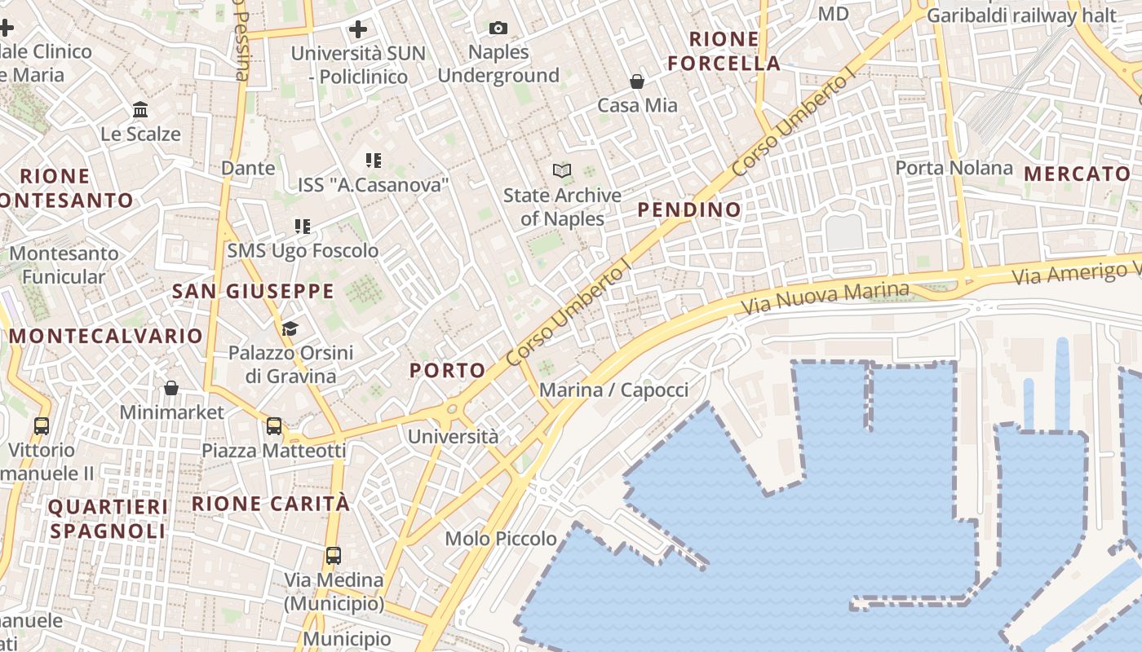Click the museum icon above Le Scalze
click(140, 109)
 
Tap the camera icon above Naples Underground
click(498, 29)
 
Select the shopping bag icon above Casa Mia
click(637, 81)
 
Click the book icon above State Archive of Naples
click(562, 170)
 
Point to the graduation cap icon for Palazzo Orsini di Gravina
click(290, 328)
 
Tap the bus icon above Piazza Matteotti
click(274, 426)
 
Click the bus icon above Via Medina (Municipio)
click(334, 556)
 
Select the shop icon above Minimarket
click(171, 388)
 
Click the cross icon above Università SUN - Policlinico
click(358, 30)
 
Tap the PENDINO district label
click(689, 209)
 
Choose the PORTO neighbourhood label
click(448, 370)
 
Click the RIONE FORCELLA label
click(724, 51)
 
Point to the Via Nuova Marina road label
click(826, 299)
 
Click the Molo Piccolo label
click(501, 539)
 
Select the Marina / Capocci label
click(613, 390)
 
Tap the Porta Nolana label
click(954, 168)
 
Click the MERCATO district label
click(1077, 174)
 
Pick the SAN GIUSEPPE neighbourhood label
click(253, 291)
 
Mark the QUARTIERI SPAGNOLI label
click(108, 519)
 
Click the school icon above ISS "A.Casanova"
click(374, 161)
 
